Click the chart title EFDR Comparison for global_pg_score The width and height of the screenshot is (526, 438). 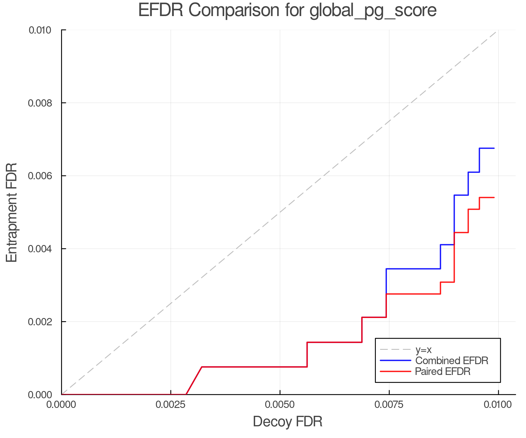(287, 10)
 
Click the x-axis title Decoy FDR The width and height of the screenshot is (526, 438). (288, 422)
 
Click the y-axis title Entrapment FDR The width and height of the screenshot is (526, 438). (12, 212)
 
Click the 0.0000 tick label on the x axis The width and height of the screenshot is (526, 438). (61, 405)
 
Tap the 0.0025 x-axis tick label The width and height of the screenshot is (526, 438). (171, 405)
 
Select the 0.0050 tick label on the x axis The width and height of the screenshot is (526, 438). (280, 405)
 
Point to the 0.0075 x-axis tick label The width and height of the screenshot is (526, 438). (389, 405)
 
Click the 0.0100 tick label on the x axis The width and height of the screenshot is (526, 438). (498, 405)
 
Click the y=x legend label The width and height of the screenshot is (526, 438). (423, 350)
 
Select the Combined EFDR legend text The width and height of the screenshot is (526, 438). (451, 361)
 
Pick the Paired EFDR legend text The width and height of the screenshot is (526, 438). (443, 371)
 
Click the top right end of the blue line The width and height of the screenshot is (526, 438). (494, 148)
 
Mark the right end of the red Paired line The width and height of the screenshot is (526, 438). (494, 198)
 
